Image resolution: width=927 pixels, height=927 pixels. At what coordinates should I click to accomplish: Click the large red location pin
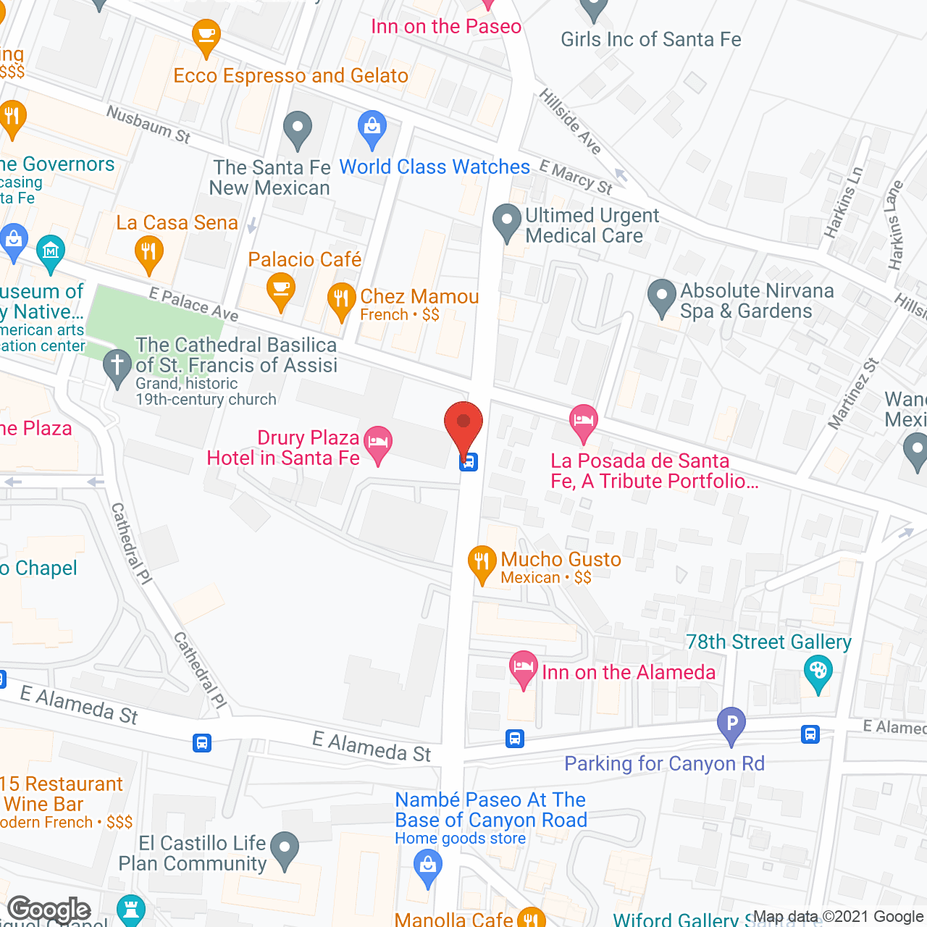pyautogui.click(x=463, y=428)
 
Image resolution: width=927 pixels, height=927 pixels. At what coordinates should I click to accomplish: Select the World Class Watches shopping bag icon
pyautogui.click(x=372, y=129)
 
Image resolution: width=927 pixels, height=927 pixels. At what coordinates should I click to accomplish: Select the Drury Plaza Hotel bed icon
pyautogui.click(x=377, y=443)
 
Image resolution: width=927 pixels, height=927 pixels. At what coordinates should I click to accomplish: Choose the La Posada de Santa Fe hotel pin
pyautogui.click(x=583, y=423)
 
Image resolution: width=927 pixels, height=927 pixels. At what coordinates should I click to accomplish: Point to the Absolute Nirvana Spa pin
pyautogui.click(x=661, y=297)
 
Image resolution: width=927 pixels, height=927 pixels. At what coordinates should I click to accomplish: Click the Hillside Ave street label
pyautogui.click(x=571, y=122)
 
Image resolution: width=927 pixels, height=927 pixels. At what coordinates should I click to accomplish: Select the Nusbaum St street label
pyautogui.click(x=148, y=125)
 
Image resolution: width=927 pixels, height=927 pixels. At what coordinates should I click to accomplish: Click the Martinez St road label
pyautogui.click(x=853, y=395)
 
